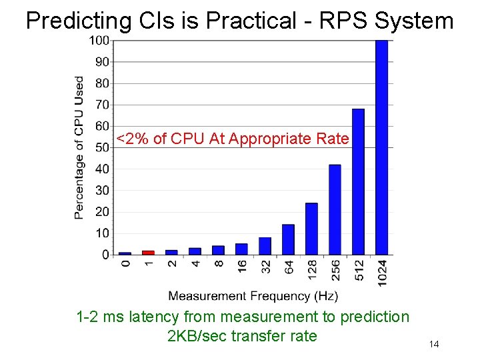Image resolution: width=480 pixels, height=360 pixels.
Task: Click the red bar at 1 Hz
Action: (x=148, y=253)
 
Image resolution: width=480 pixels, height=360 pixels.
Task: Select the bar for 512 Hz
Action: (x=358, y=181)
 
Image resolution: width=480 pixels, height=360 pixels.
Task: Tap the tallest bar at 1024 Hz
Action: (x=381, y=147)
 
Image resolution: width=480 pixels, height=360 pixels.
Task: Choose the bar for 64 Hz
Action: (x=288, y=239)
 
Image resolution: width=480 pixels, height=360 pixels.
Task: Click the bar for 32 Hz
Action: (x=265, y=246)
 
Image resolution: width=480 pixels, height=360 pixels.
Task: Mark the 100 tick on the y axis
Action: (x=99, y=41)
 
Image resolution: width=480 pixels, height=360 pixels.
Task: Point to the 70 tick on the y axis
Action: (x=102, y=105)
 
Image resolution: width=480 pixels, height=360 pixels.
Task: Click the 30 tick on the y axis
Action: (x=102, y=190)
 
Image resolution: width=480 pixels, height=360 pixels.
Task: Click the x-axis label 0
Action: (x=125, y=264)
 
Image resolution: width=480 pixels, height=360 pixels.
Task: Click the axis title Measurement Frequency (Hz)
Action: (x=253, y=295)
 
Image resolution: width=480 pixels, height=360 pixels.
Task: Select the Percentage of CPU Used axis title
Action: (x=79, y=147)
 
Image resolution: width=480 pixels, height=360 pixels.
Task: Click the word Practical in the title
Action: (x=250, y=21)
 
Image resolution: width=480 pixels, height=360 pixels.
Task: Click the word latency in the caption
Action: (x=154, y=317)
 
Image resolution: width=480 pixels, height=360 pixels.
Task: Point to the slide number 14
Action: (x=434, y=344)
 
